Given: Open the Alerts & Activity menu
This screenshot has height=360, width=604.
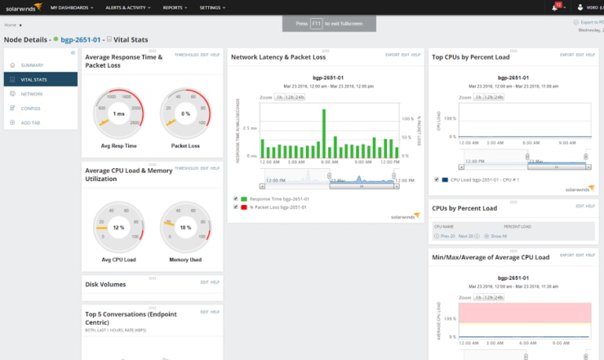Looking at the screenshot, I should pos(129,6).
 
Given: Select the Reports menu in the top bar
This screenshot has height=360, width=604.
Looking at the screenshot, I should pos(174,6).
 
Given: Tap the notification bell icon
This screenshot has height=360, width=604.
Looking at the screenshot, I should pos(556,6).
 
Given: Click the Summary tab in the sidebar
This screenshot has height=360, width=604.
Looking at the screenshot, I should pos(32,64).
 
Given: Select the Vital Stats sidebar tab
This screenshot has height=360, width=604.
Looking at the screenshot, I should pos(34,79).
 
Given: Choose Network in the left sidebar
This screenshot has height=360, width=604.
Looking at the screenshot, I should pos(32,94).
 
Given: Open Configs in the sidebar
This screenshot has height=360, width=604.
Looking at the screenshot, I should pos(32,108).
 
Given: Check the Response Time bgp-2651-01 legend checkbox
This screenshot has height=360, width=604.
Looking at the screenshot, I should pos(236,199).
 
